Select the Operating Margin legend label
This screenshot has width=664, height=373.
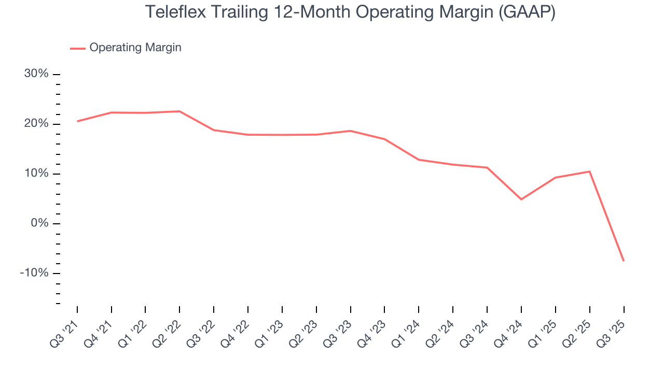pos(135,48)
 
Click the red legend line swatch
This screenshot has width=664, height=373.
pos(78,48)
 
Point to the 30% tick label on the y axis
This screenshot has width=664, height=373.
pos(36,74)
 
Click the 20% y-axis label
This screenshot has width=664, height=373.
pos(36,124)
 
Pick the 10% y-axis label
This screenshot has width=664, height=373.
pos(36,174)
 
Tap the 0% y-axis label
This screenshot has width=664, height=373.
pos(39,223)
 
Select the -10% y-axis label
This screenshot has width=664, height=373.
pos(34,273)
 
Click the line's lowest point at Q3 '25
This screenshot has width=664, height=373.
pos(624,261)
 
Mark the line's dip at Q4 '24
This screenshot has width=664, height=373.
pos(521,199)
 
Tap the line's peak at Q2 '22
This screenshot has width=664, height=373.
pos(179,111)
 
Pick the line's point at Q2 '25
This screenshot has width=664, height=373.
pos(590,171)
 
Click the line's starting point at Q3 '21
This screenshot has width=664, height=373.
pos(77,121)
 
